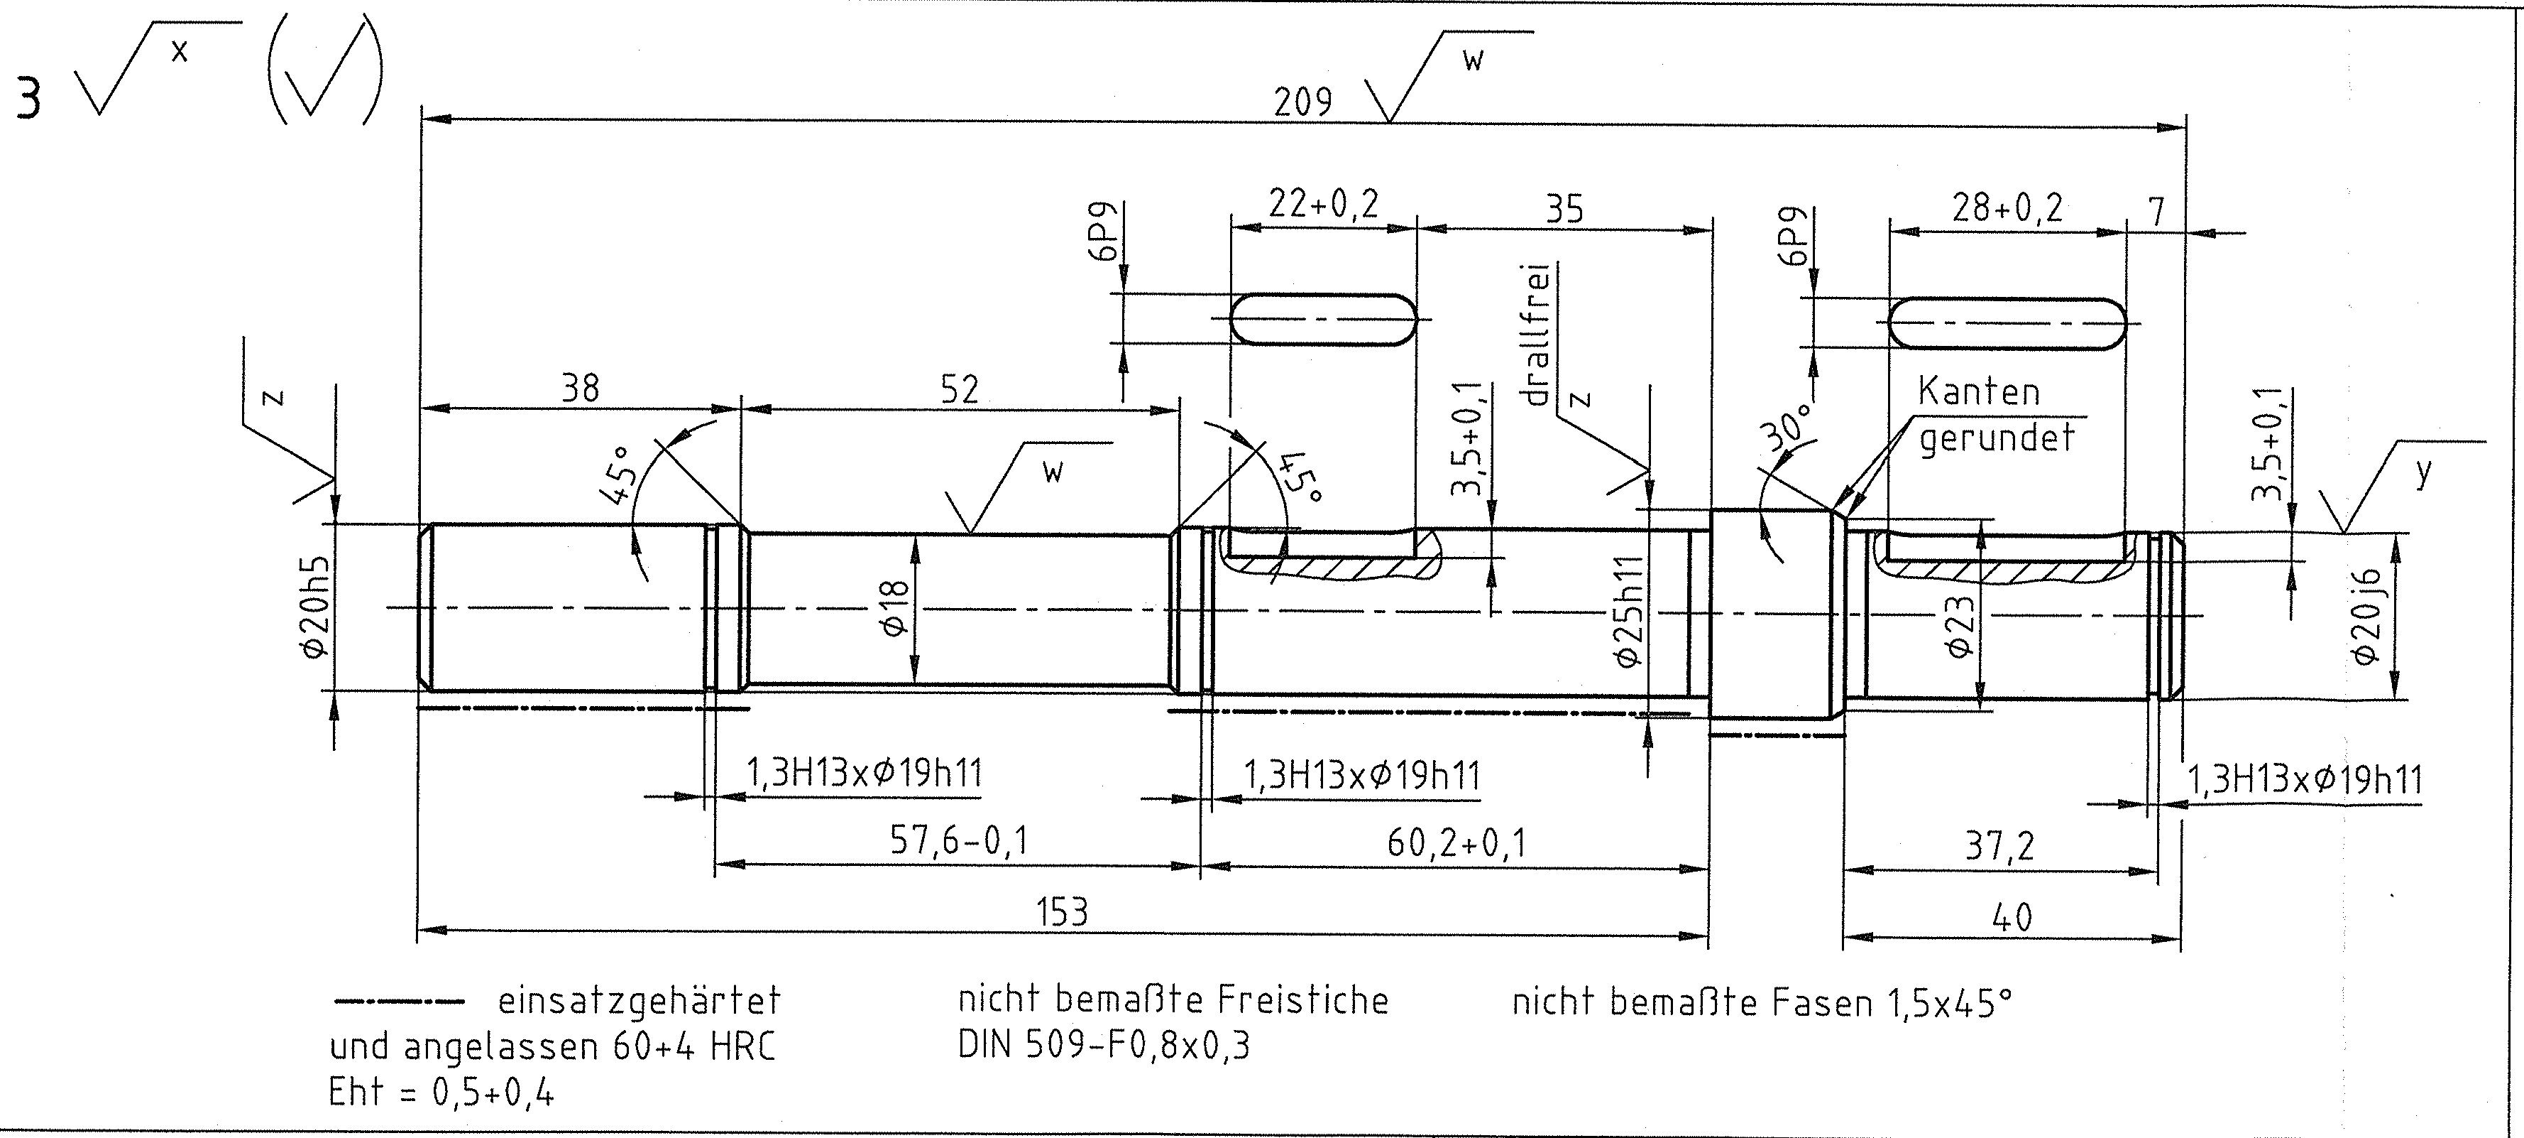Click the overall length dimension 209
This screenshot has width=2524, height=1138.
[x=1302, y=102]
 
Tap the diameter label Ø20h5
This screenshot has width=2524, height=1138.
[x=317, y=608]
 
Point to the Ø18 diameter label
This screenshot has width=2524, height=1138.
[x=896, y=608]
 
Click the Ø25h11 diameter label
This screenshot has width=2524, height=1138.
[x=1628, y=612]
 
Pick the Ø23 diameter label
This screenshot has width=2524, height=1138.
[x=1960, y=628]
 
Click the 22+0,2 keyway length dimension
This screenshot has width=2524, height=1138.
[x=1323, y=204]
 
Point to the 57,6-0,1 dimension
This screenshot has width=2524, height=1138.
[x=959, y=841]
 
